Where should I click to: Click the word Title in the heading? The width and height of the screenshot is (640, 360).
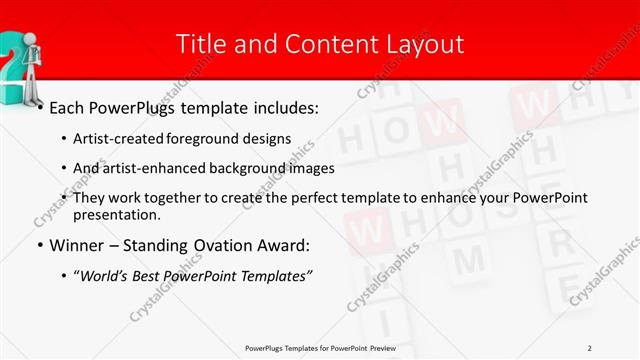click(x=198, y=44)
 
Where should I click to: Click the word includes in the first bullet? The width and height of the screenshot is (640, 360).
click(x=278, y=105)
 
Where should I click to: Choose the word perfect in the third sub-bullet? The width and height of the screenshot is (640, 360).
click(x=322, y=197)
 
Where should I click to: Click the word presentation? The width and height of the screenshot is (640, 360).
click(x=116, y=214)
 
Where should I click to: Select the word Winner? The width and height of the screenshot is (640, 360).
click(x=77, y=245)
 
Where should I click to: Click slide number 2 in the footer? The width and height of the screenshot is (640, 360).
click(x=589, y=347)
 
